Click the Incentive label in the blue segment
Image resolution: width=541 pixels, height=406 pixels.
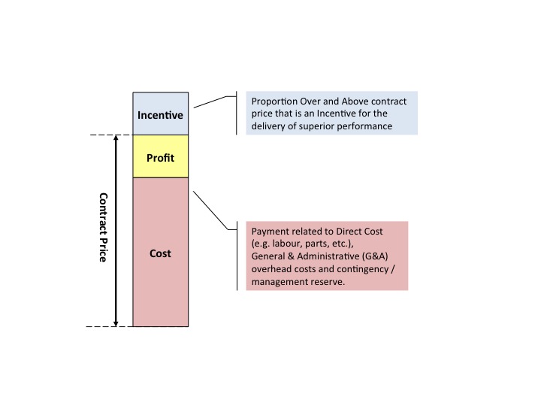(160, 116)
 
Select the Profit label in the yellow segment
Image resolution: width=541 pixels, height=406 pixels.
(160, 158)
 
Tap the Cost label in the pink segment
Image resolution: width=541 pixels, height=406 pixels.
(160, 253)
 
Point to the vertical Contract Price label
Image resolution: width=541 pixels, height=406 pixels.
(104, 227)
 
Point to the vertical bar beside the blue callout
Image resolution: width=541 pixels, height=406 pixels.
(237, 114)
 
